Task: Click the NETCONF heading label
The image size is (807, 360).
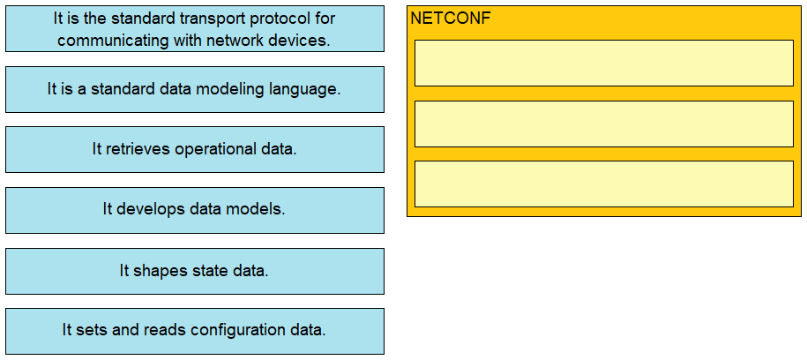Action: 451,19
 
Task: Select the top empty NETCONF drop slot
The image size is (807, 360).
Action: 603,63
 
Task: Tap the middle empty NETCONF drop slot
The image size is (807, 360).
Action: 603,124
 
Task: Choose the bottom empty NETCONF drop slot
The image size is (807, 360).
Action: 603,184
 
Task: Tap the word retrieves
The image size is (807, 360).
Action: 138,149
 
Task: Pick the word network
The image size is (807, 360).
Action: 235,41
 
